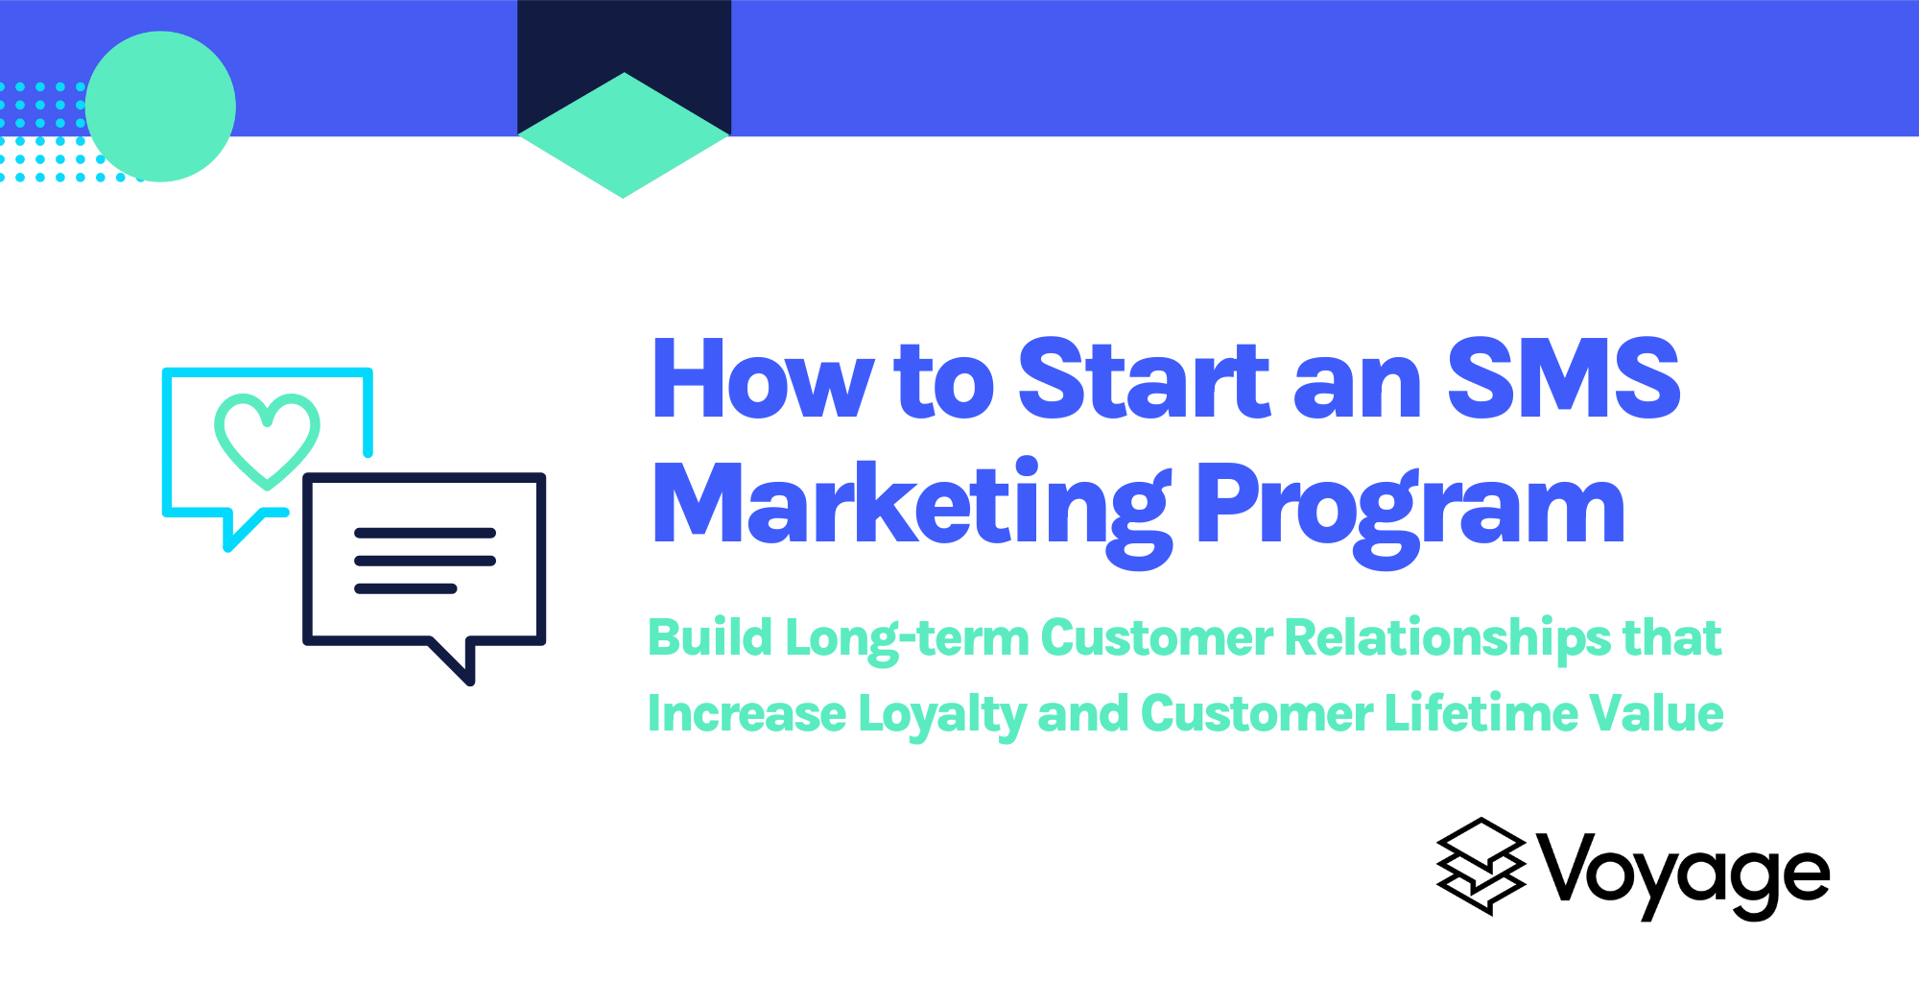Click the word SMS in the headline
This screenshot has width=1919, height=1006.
(1563, 380)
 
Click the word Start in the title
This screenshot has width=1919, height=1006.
(1143, 380)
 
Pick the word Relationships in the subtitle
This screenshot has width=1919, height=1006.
(1448, 638)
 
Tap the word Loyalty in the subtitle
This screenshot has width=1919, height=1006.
(941, 715)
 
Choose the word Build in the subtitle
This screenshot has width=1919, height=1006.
(710, 637)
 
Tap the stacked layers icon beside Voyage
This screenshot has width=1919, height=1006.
(1481, 866)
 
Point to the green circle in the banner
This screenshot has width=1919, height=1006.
(160, 107)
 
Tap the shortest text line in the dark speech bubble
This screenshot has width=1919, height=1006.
(405, 588)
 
